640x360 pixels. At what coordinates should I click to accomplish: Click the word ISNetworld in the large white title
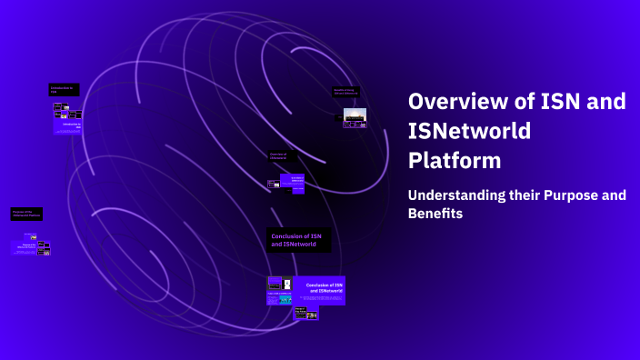click(469, 131)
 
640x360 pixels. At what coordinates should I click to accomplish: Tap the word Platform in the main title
click(455, 161)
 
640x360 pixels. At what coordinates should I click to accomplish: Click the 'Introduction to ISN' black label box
click(64, 90)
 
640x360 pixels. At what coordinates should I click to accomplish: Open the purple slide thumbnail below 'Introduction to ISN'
click(68, 119)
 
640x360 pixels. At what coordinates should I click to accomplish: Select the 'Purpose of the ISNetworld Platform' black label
click(26, 214)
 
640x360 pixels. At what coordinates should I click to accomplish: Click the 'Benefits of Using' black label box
click(345, 92)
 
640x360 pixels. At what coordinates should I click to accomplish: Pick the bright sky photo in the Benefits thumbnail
click(355, 115)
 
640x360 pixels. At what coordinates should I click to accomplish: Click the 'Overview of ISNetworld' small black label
click(282, 156)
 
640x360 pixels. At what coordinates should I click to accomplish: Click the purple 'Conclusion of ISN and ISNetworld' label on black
click(298, 240)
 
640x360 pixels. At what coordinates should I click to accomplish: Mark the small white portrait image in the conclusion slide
click(287, 283)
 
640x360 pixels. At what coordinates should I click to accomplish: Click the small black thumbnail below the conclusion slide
click(305, 313)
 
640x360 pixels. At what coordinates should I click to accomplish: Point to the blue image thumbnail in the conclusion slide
click(285, 299)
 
